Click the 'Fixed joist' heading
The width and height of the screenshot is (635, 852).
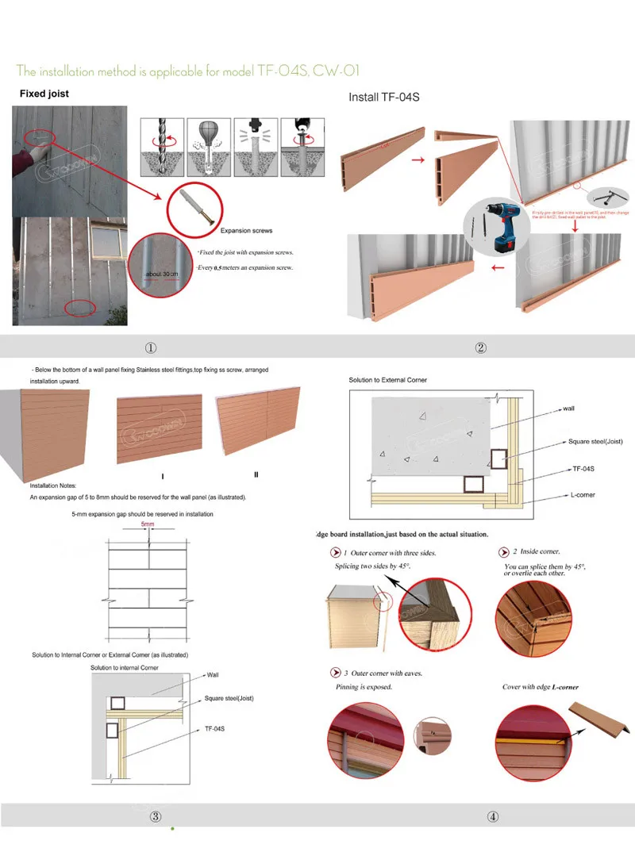tap(44, 94)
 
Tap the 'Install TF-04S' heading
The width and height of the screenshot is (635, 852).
tap(383, 98)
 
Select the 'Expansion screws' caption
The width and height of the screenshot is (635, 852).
tap(246, 231)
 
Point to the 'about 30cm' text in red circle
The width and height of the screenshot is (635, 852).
tap(164, 274)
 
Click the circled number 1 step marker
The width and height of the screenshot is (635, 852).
tap(151, 347)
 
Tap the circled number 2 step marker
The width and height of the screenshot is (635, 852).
tap(480, 347)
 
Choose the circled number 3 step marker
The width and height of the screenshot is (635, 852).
tap(156, 816)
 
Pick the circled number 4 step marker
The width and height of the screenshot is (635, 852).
tap(493, 816)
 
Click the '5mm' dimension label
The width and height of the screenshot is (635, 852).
tap(148, 524)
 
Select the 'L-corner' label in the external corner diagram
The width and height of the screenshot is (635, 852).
tap(582, 495)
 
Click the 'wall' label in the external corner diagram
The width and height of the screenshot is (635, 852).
tap(568, 409)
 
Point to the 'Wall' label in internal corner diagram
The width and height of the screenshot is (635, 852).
tap(213, 675)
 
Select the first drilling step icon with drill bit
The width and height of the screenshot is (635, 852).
tap(162, 147)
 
